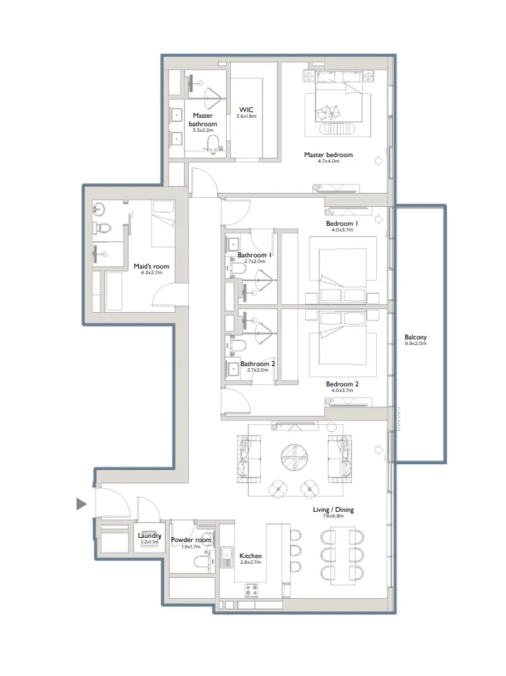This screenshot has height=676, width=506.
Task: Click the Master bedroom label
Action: pyautogui.click(x=328, y=155)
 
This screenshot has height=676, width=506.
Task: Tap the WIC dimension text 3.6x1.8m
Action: pyautogui.click(x=247, y=116)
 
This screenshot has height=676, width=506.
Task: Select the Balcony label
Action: pyautogui.click(x=415, y=337)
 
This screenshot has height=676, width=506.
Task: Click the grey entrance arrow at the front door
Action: pyautogui.click(x=81, y=503)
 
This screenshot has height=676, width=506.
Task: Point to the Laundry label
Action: pyautogui.click(x=149, y=536)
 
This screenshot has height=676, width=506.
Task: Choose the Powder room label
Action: pyautogui.click(x=191, y=540)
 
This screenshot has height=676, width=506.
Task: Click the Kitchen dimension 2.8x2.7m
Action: pyautogui.click(x=251, y=562)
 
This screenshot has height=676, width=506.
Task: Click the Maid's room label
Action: pyautogui.click(x=148, y=266)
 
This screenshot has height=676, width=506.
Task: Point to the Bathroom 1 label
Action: pyautogui.click(x=255, y=255)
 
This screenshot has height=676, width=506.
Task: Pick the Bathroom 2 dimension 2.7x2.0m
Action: pyautogui.click(x=257, y=370)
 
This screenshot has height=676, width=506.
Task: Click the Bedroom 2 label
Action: pyautogui.click(x=342, y=384)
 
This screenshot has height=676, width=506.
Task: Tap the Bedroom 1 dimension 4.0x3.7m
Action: pyautogui.click(x=342, y=230)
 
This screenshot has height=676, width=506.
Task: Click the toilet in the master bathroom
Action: pyautogui.click(x=212, y=144)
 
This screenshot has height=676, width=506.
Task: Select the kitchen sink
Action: pyautogui.click(x=227, y=558)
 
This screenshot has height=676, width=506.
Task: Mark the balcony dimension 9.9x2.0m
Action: pyautogui.click(x=415, y=344)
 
